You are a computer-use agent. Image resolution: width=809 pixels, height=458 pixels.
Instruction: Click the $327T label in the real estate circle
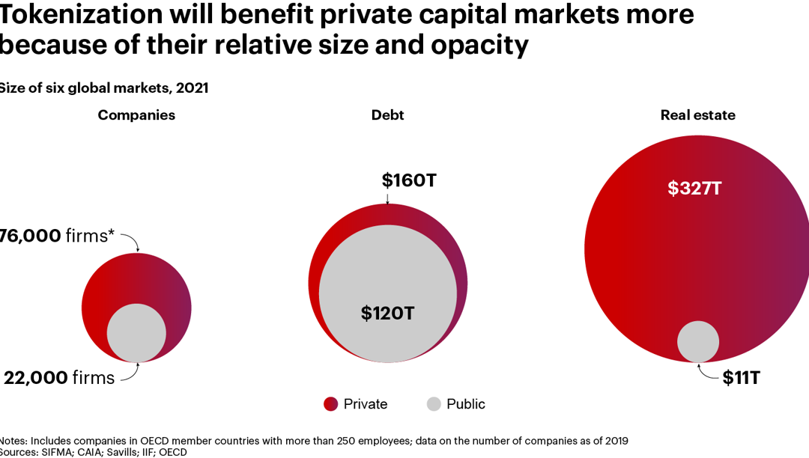point(694,188)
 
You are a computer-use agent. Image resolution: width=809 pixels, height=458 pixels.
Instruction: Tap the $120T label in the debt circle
point(387,313)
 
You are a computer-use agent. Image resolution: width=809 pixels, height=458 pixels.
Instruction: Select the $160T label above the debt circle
point(410,180)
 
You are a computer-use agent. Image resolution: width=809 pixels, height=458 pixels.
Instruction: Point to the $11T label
point(742,378)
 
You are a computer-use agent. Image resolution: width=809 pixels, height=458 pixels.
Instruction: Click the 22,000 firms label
point(58,378)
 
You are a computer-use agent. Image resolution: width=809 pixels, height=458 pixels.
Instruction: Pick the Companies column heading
point(136,115)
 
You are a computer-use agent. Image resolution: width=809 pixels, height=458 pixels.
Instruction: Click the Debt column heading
point(387,115)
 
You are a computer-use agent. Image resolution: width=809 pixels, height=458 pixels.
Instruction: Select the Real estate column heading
point(697,115)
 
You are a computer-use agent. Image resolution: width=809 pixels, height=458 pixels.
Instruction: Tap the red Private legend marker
point(331,404)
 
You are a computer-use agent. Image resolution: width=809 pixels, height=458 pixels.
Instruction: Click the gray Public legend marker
point(434,404)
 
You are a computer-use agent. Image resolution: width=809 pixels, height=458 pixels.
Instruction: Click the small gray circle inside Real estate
point(698,341)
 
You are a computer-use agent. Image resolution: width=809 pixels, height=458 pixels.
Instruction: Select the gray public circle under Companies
point(136,333)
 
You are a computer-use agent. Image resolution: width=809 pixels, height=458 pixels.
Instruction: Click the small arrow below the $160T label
point(387,198)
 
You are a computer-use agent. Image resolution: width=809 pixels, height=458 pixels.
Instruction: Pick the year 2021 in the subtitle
point(192,88)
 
